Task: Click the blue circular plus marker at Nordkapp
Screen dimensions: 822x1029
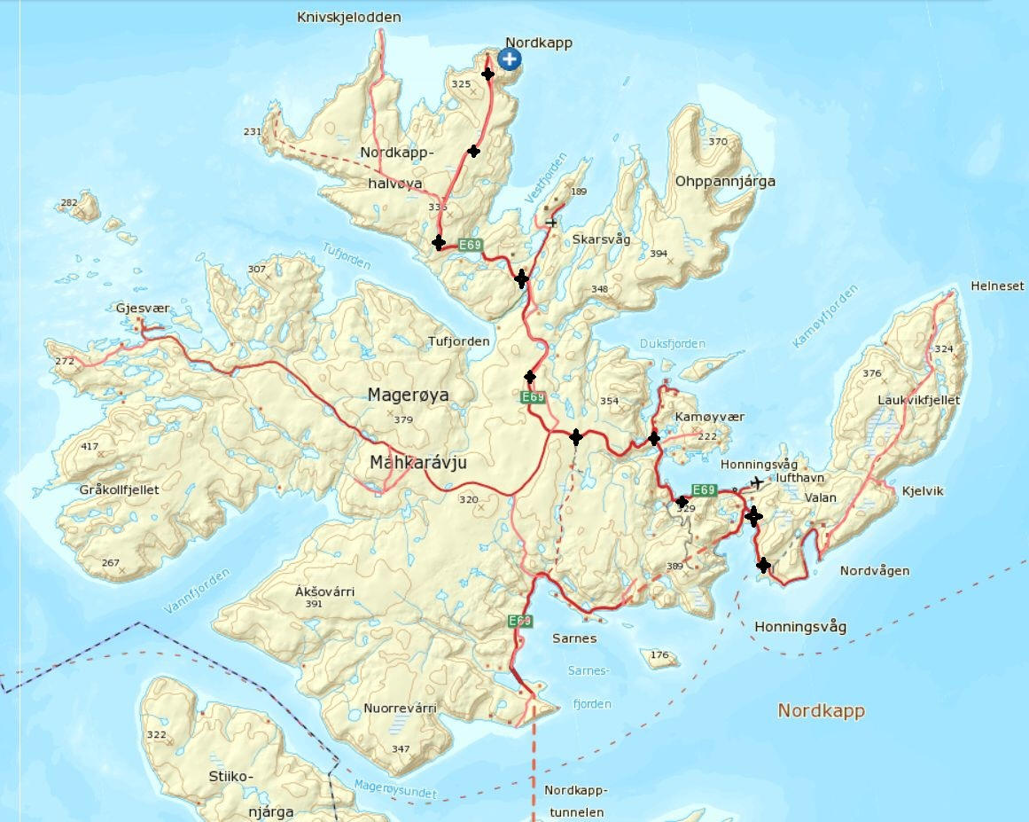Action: pyautogui.click(x=509, y=59)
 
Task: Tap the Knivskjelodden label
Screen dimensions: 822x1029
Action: pyautogui.click(x=349, y=17)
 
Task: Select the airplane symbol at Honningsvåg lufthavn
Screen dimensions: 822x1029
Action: pyautogui.click(x=756, y=482)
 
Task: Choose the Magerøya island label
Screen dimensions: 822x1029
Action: pyautogui.click(x=409, y=395)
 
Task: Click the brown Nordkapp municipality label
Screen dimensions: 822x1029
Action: pyautogui.click(x=820, y=710)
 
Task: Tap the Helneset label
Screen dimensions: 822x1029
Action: pyautogui.click(x=997, y=286)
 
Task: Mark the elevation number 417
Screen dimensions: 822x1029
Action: pyautogui.click(x=90, y=446)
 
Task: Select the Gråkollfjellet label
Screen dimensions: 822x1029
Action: pyautogui.click(x=119, y=489)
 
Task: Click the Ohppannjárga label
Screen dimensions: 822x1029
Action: pyautogui.click(x=725, y=182)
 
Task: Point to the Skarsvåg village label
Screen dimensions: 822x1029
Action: pyautogui.click(x=602, y=239)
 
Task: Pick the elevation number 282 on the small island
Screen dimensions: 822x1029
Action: pyautogui.click(x=68, y=203)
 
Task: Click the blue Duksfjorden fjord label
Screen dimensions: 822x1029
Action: pyautogui.click(x=672, y=344)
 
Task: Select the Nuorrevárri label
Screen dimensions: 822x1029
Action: pyautogui.click(x=400, y=708)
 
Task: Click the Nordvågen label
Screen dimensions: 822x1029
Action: pyautogui.click(x=874, y=570)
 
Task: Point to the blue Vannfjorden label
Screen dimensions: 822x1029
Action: pyautogui.click(x=197, y=591)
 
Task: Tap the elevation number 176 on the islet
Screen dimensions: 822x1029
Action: pyautogui.click(x=659, y=655)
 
